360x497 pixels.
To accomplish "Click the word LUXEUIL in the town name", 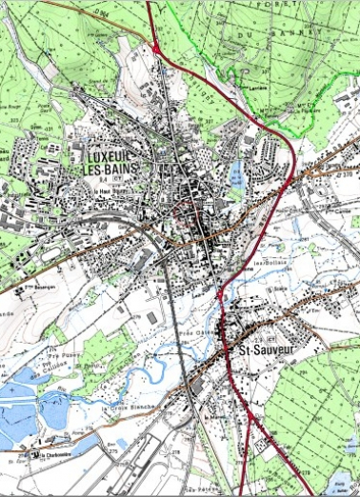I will [112, 155].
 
